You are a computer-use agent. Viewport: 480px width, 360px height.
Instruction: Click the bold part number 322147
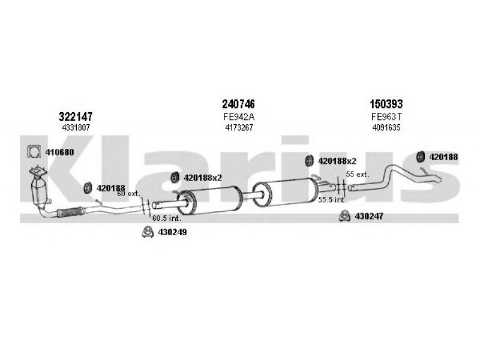tap(76, 116)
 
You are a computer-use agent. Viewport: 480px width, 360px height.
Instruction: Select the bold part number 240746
tap(238, 104)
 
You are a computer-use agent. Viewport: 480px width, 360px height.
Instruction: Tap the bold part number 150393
tap(386, 104)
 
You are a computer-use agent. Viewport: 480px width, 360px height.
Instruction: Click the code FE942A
tap(239, 116)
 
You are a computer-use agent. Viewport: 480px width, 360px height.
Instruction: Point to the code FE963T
tap(386, 116)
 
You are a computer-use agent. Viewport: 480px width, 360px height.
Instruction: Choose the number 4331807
tap(76, 127)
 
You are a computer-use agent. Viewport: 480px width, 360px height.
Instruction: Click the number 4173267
tap(239, 127)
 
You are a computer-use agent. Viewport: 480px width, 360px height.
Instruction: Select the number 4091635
tap(386, 127)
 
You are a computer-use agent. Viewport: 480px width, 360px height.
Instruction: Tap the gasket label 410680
tap(59, 152)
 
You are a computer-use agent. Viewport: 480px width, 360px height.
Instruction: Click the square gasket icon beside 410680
tap(34, 151)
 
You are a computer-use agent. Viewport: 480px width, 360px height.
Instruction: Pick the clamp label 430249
tap(172, 232)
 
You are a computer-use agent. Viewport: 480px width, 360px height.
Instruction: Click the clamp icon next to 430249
tap(148, 232)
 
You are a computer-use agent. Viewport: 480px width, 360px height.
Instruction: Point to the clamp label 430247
tap(369, 217)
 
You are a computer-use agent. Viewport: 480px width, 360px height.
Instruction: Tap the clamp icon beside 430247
tap(344, 216)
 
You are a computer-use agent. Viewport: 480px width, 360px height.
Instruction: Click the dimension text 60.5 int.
tap(167, 218)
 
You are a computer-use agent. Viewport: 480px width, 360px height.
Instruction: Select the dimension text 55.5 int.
tap(332, 200)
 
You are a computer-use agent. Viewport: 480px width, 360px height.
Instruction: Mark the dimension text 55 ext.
tap(358, 175)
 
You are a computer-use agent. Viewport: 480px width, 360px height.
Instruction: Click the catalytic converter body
tap(39, 191)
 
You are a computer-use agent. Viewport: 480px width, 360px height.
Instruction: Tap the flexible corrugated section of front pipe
tap(71, 212)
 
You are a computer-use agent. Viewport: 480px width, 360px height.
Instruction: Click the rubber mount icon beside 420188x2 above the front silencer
tap(175, 178)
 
